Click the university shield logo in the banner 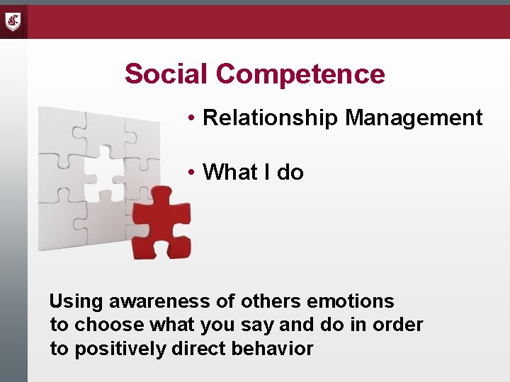click(x=13, y=21)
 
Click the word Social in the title click(x=166, y=74)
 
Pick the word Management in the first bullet click(x=414, y=118)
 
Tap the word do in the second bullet click(x=290, y=172)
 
